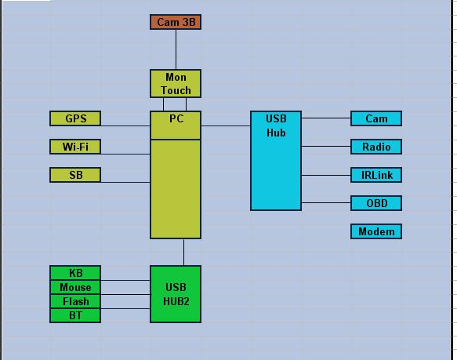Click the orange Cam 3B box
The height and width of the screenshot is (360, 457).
click(x=176, y=22)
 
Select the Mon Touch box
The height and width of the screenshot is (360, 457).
click(x=176, y=83)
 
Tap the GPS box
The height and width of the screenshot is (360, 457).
click(x=75, y=118)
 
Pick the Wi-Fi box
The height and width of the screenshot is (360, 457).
click(x=75, y=147)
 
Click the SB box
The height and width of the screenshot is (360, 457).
click(x=75, y=175)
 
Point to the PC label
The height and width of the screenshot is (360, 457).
click(x=176, y=118)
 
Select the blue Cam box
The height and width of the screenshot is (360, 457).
click(x=376, y=118)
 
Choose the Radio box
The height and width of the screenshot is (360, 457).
click(x=376, y=147)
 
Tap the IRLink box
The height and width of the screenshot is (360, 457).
click(x=376, y=175)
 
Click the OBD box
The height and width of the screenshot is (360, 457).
click(x=376, y=203)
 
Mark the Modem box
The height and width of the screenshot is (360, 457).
click(x=376, y=231)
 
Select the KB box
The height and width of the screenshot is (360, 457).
click(x=75, y=273)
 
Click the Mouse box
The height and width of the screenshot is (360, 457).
click(x=75, y=287)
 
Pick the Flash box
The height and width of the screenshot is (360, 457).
click(x=75, y=301)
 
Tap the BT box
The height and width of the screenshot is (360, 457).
click(x=75, y=315)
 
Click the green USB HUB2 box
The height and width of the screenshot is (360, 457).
click(x=176, y=294)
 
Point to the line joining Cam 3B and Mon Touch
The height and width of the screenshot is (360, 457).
click(x=176, y=49)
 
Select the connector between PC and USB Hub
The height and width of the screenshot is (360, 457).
click(x=226, y=125)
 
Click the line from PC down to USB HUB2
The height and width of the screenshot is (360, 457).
click(x=183, y=252)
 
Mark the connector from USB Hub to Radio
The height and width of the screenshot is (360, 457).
click(x=326, y=146)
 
